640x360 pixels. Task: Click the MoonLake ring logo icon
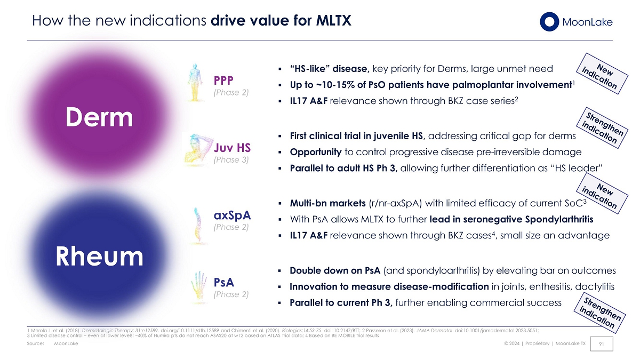[x=549, y=22]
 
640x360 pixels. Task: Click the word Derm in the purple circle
[x=99, y=117]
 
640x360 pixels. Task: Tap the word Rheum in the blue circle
[x=99, y=257]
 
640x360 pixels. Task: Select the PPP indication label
[x=223, y=81]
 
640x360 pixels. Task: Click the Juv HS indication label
[x=232, y=148]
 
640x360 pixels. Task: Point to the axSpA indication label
[x=232, y=215]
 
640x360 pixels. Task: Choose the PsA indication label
[x=224, y=282]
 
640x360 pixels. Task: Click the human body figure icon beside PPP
[x=195, y=82]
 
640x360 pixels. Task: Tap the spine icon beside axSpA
[x=198, y=226]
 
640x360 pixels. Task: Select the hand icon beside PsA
[x=199, y=285]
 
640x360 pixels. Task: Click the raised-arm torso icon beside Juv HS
[x=198, y=149]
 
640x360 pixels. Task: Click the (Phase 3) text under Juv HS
[x=231, y=159]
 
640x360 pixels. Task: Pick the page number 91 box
[x=602, y=343]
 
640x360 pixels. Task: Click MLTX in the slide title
[x=333, y=21]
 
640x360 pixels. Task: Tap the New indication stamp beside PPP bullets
[x=602, y=74]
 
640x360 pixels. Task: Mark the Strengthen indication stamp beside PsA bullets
[x=599, y=313]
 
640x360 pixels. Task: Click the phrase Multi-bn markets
[x=327, y=203]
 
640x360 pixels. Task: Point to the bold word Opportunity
[x=316, y=152]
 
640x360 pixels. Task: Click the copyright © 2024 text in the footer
[x=511, y=343]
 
